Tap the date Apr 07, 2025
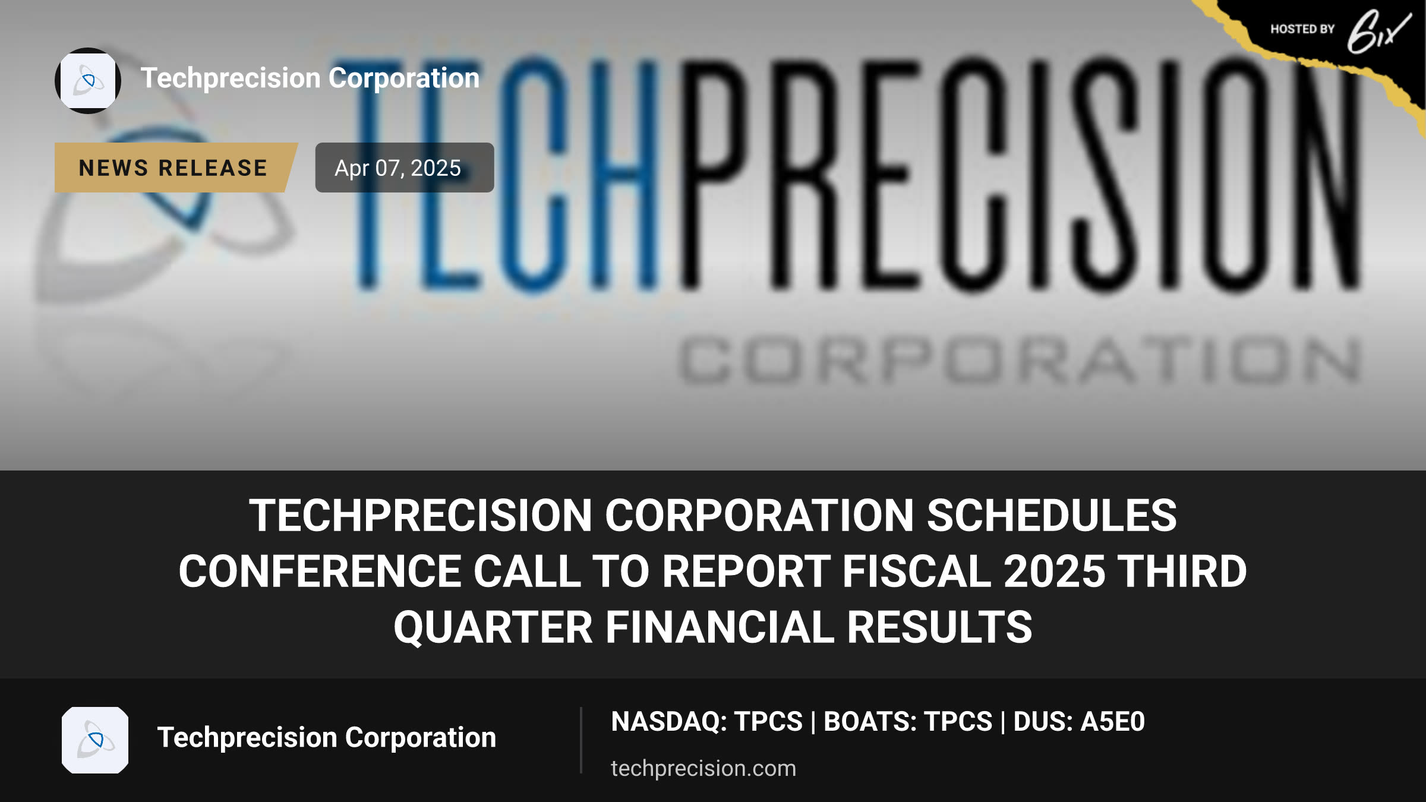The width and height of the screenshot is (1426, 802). click(397, 168)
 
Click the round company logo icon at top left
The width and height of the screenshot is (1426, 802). click(88, 81)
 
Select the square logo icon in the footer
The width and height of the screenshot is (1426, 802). click(95, 740)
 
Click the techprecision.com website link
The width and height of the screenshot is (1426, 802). click(703, 768)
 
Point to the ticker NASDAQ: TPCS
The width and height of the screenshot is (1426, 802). click(706, 722)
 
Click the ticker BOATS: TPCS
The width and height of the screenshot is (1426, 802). click(908, 722)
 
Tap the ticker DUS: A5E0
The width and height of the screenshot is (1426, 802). click(1079, 722)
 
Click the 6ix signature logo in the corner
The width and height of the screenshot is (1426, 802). click(1378, 32)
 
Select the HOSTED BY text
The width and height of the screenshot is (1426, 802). click(1302, 29)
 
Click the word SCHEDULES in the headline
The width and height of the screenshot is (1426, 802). click(1052, 516)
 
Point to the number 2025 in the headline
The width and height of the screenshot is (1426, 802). click(1054, 571)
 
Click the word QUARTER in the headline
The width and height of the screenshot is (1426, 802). click(493, 628)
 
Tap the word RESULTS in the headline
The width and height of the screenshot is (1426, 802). click(939, 627)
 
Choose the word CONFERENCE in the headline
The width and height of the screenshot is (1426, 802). click(320, 571)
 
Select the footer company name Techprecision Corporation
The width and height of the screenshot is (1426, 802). click(327, 738)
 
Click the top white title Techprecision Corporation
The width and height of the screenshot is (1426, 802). click(310, 78)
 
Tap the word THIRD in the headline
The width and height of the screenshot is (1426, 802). click(1182, 571)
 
